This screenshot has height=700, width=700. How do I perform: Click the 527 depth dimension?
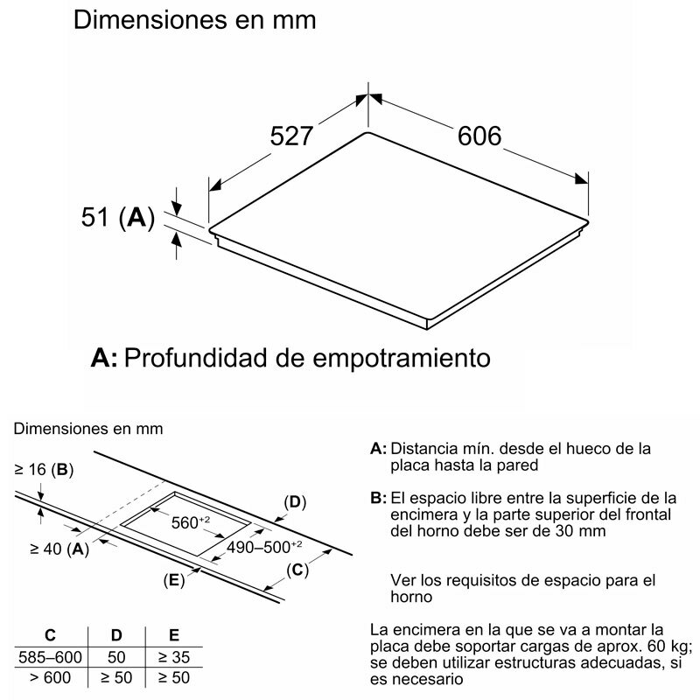[x=290, y=136]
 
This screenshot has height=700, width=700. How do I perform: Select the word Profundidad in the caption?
[x=221, y=358]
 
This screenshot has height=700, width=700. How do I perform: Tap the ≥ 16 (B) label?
[x=44, y=470]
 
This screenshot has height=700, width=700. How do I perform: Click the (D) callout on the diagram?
[x=295, y=502]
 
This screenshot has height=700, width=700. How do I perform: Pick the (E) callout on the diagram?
[x=173, y=580]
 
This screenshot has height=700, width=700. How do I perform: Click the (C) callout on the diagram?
[x=297, y=570]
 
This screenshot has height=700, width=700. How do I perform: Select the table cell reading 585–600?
[x=51, y=656]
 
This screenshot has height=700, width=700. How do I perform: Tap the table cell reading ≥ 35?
[x=173, y=656]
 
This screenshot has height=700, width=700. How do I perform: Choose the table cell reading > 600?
[x=51, y=677]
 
